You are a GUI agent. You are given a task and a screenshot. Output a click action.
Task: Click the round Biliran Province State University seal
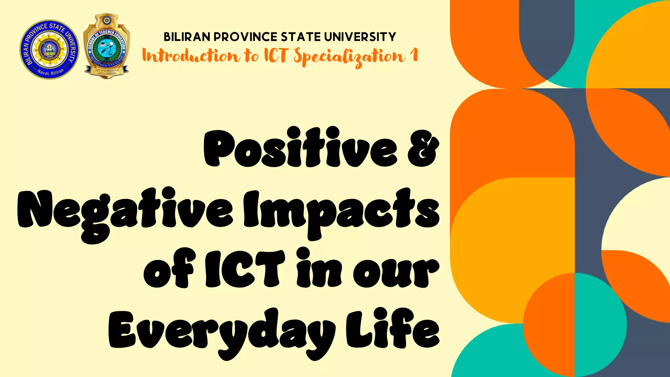point(49,49)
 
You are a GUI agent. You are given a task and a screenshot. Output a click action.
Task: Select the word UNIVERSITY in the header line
point(360,37)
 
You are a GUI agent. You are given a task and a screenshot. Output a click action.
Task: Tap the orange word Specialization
point(349,57)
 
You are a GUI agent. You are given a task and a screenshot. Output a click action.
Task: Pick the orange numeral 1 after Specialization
point(414,55)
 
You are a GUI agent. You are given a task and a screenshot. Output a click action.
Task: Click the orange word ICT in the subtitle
point(275,55)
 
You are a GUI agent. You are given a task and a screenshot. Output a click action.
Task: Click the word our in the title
point(396,272)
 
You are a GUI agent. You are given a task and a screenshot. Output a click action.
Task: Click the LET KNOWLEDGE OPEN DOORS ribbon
point(107,72)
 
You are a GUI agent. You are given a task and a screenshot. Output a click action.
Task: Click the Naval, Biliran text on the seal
point(50,72)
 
